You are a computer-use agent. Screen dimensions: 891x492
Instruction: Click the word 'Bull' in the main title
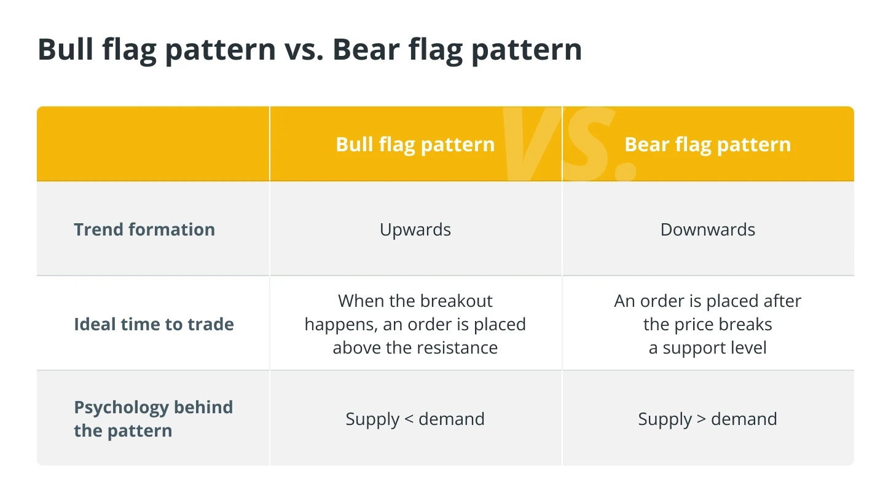66,49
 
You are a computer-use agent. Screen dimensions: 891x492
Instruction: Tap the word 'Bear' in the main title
366,49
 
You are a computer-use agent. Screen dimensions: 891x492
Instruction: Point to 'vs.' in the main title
304,52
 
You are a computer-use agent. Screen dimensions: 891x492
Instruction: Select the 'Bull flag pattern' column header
415,145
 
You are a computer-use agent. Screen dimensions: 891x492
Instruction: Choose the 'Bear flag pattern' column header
708,145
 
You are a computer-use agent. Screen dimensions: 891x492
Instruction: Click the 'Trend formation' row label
144,229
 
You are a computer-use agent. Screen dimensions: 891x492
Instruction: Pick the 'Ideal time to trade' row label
154,324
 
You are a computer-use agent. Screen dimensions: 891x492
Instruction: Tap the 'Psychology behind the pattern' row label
154,419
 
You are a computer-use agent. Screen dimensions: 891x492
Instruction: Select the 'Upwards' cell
415,230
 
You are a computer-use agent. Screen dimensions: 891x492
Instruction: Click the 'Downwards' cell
708,229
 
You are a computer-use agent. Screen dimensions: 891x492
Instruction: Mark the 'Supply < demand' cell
415,419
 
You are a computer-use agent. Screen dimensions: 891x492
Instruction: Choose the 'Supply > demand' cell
708,419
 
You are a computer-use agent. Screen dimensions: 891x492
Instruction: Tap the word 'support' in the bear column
692,349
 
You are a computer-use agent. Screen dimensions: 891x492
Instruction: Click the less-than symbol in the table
409,419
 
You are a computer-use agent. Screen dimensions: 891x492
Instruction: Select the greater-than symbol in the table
701,419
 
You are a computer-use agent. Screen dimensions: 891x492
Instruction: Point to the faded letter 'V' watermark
532,144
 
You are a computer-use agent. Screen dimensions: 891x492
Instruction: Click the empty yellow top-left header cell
153,144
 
